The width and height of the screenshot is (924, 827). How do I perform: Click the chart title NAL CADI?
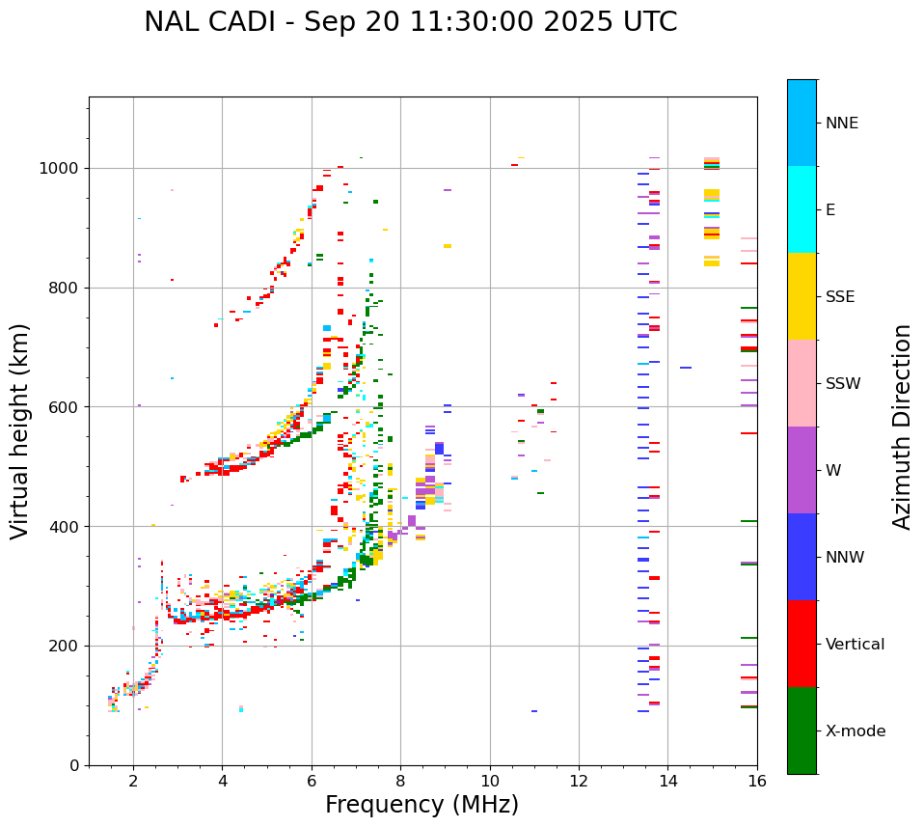tap(410, 22)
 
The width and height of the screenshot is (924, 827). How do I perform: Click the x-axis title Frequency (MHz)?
tap(421, 805)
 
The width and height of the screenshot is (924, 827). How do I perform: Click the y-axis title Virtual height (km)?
tap(20, 430)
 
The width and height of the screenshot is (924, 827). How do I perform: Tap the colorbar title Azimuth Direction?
tap(902, 427)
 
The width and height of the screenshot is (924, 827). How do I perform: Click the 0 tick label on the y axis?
tap(74, 765)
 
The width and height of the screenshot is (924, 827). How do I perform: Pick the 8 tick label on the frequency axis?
tap(400, 781)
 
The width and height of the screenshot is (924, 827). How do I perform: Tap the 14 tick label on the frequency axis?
tap(667, 781)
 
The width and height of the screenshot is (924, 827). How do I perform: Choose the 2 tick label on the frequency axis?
tap(133, 781)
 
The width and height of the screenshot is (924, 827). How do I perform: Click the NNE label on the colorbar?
tap(841, 124)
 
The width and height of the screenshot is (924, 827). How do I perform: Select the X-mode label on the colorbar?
tap(855, 731)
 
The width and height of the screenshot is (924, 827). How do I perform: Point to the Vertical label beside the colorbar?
tap(855, 645)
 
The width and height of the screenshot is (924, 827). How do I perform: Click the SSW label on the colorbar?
tap(843, 384)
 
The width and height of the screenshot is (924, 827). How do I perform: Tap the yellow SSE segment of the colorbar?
tap(802, 296)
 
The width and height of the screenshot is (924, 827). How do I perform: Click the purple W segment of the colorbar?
tap(802, 470)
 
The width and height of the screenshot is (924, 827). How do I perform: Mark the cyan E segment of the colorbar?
tap(802, 209)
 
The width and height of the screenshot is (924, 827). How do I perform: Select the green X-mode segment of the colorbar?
tap(802, 731)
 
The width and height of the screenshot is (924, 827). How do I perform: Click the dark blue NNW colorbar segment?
tap(802, 557)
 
